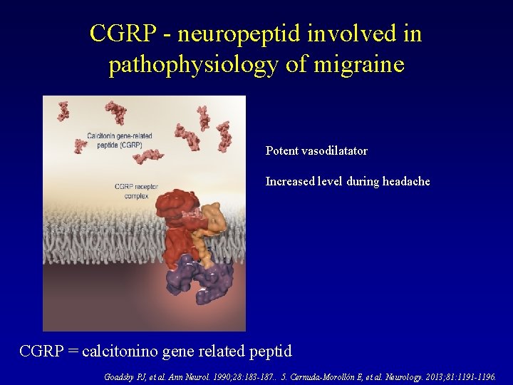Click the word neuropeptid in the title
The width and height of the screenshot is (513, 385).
226,34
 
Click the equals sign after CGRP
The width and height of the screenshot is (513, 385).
73,351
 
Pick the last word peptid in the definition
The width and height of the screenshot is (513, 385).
267,351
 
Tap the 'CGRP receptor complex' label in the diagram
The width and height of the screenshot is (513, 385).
136,191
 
